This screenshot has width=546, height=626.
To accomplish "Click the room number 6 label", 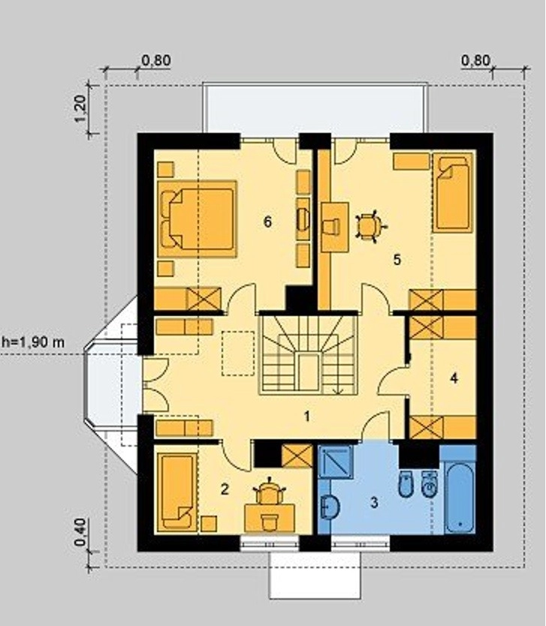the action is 267,221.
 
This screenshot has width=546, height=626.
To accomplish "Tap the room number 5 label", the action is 397,260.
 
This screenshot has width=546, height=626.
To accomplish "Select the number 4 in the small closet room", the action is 454,378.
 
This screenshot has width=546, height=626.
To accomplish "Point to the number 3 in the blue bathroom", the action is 374,502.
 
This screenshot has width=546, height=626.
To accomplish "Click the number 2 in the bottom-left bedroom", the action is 225,489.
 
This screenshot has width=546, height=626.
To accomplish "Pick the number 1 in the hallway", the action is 306,417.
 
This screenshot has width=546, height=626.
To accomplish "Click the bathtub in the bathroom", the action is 460,497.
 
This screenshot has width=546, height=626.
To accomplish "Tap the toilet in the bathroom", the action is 406,484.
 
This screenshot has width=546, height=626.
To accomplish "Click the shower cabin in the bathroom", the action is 336,462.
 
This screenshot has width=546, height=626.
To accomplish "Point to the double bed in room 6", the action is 198,218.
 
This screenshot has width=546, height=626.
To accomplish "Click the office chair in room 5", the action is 370,227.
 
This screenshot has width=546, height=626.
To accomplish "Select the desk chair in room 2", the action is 270,491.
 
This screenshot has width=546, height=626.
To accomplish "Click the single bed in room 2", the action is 177,492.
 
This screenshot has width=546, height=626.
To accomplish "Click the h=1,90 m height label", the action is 33,342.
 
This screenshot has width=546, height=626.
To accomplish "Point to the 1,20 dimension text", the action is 80,109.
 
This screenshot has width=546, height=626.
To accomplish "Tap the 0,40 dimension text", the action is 80,532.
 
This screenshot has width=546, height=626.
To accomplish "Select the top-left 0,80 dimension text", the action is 156,60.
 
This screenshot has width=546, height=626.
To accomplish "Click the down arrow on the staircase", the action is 338,391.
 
